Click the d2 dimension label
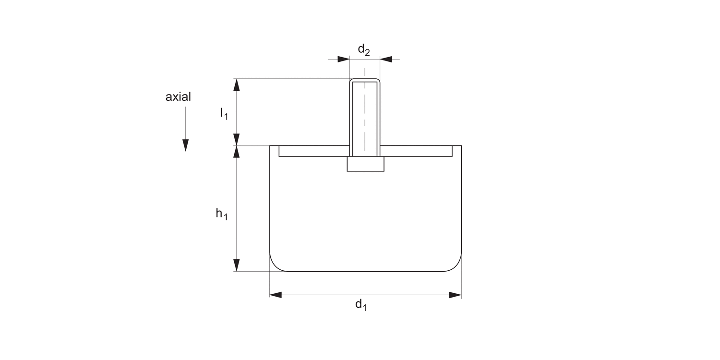point(364,50)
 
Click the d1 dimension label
point(361,305)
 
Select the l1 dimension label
point(224,114)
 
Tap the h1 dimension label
point(222,214)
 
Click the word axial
point(178,97)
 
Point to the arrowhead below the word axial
point(185,145)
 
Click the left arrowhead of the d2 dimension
point(344,59)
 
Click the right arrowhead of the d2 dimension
point(386,59)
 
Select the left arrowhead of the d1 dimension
point(276,295)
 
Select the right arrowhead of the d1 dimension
point(456,295)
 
